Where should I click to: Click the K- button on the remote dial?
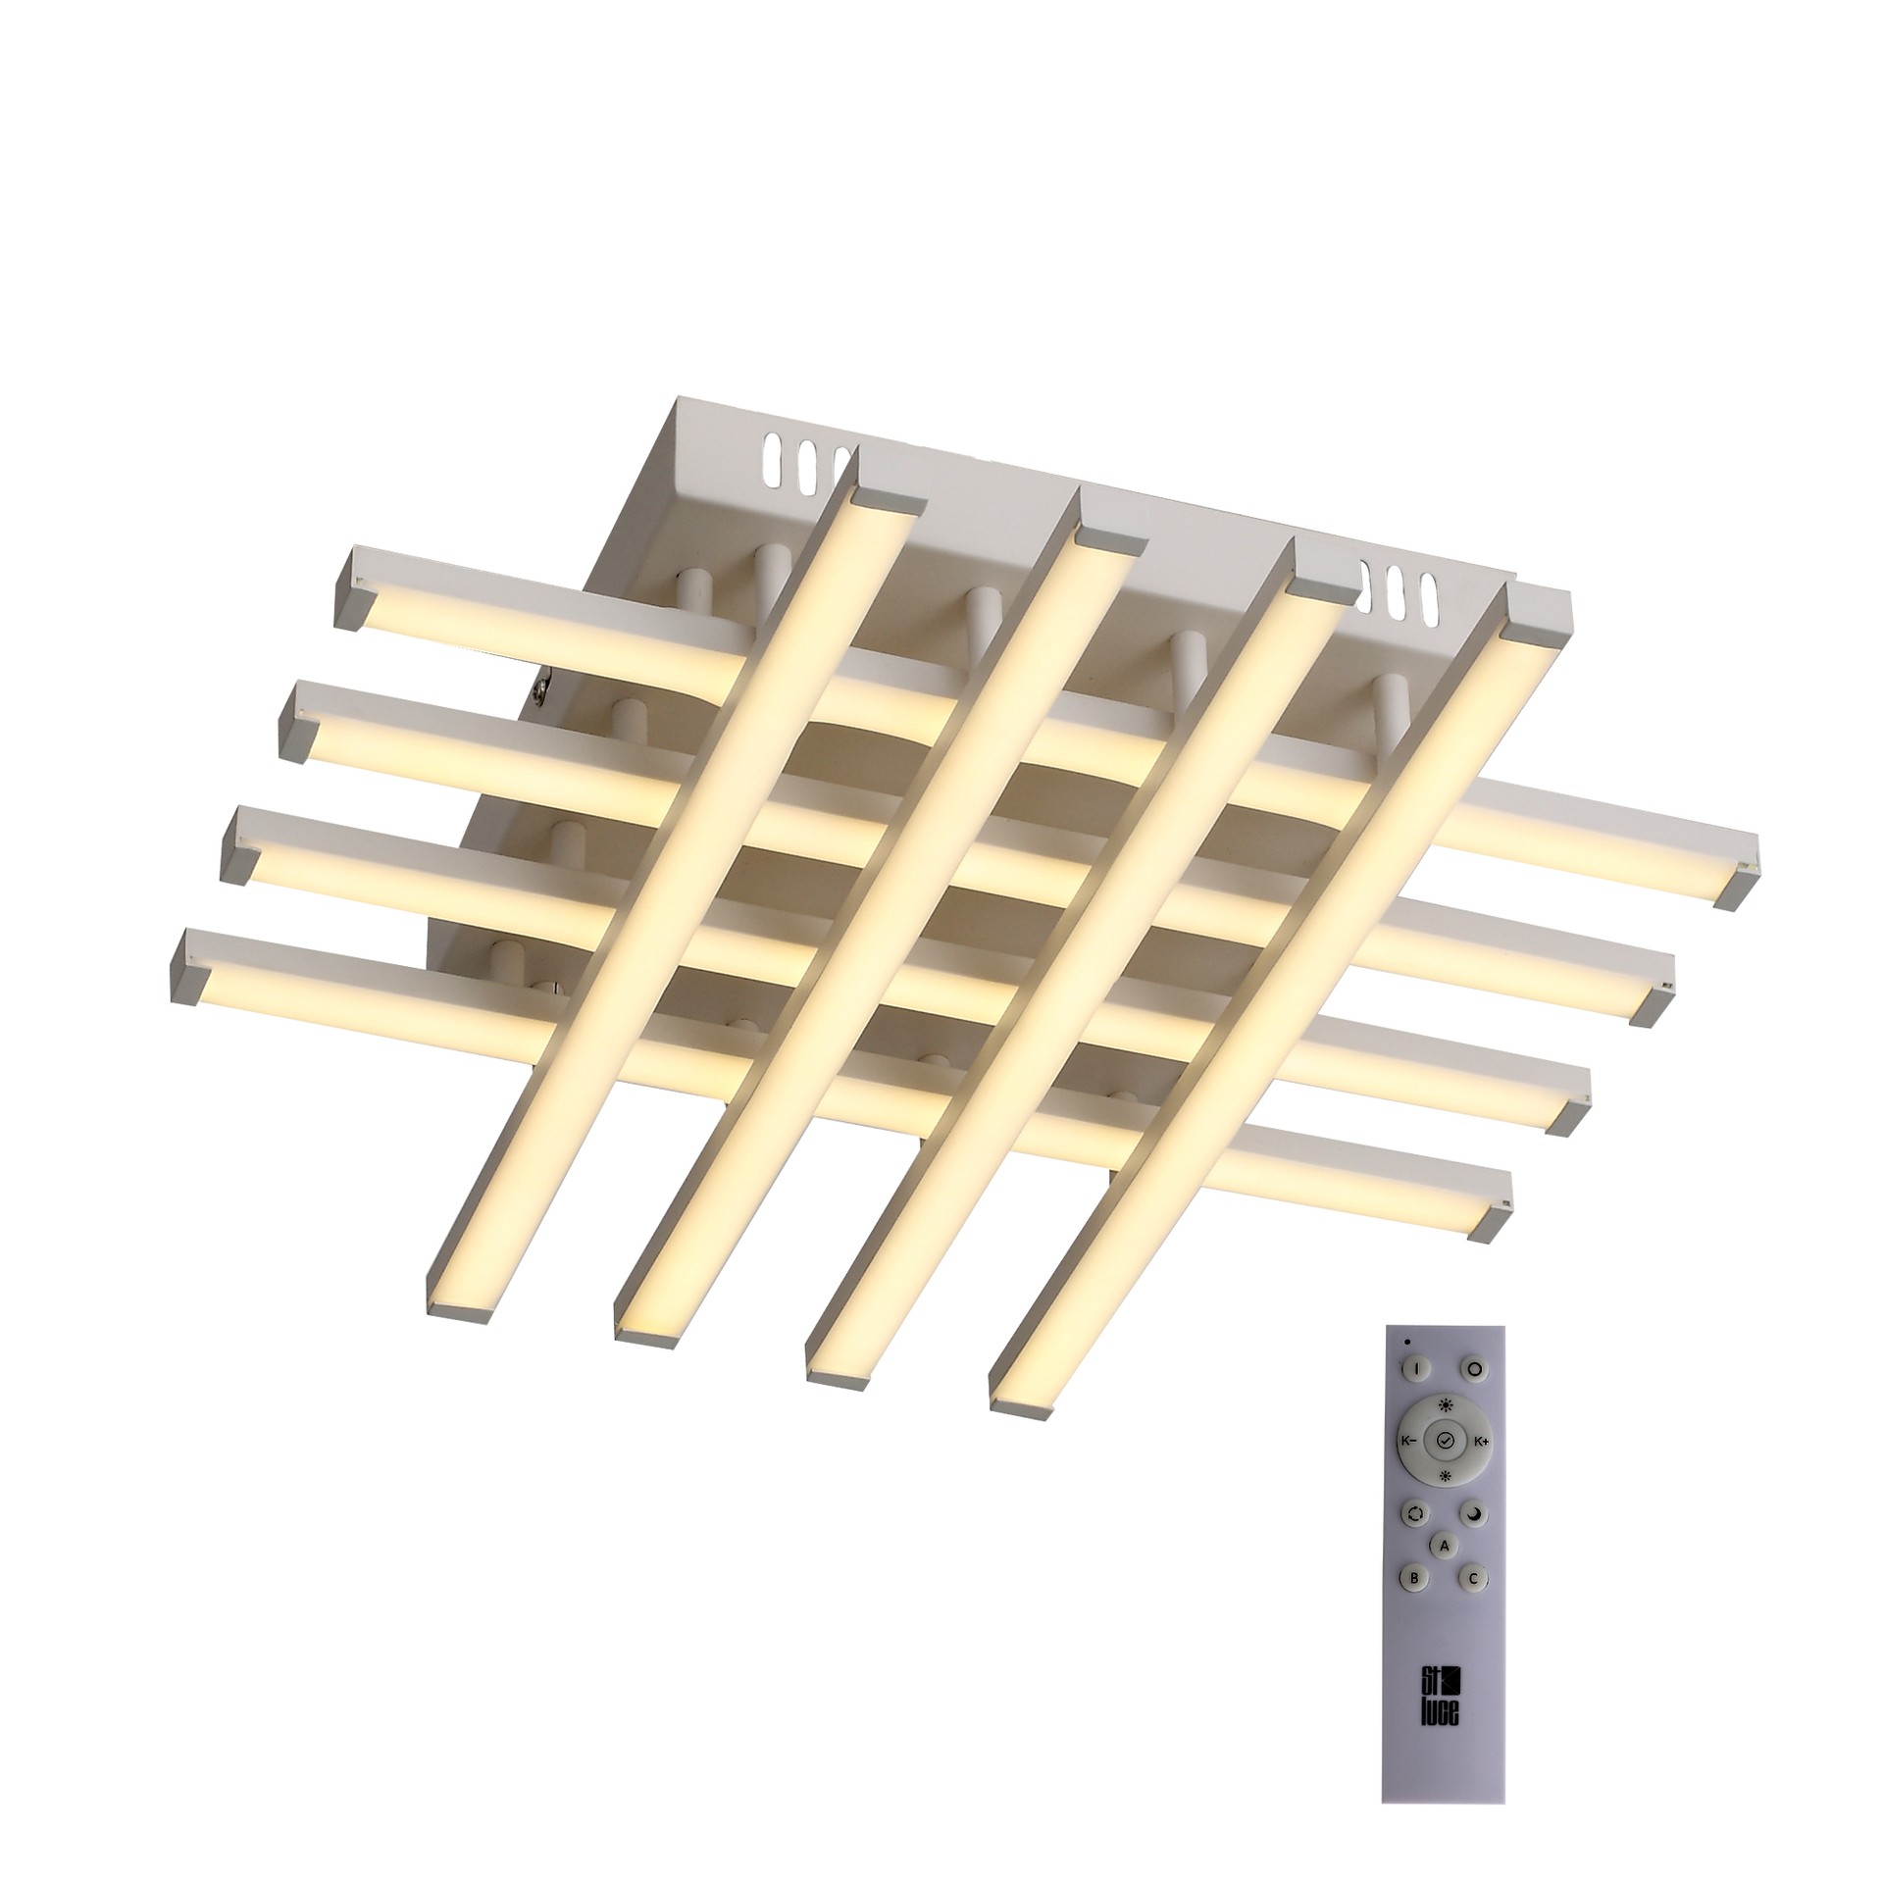pyautogui.click(x=1407, y=1469)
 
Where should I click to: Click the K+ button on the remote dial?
pyautogui.click(x=1481, y=1469)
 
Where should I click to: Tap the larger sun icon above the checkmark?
pyautogui.click(x=1445, y=1433)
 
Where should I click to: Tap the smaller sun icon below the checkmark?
pyautogui.click(x=1444, y=1503)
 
